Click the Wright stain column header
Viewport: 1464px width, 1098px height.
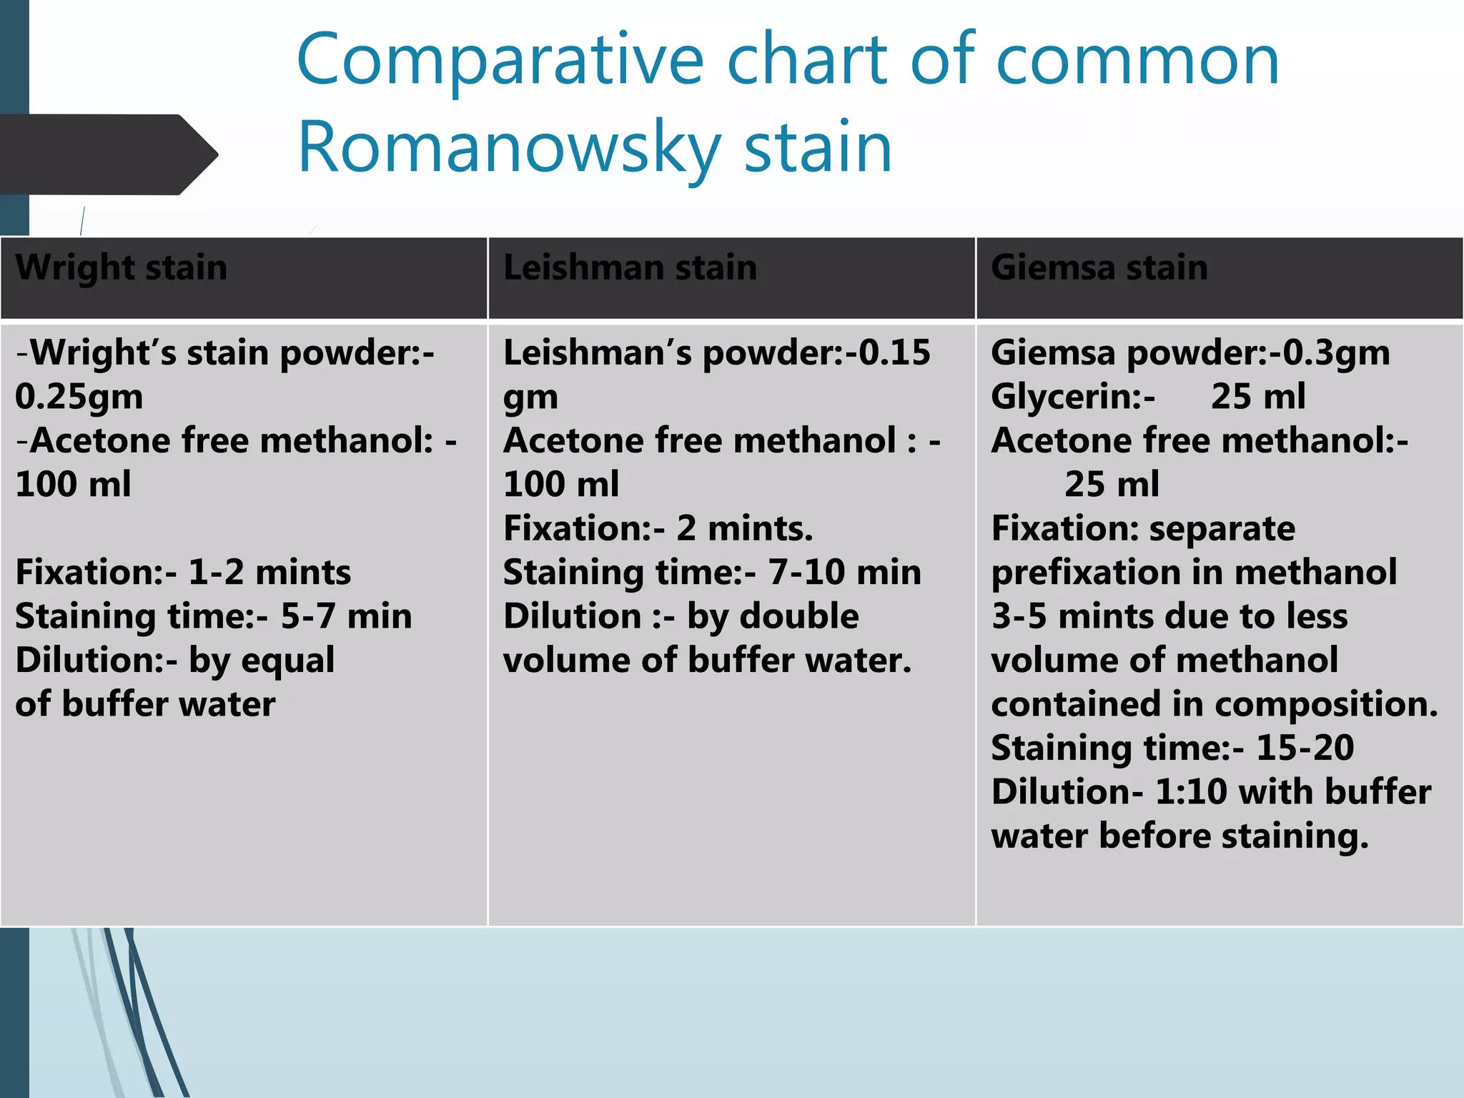122,268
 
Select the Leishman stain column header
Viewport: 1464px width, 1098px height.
630,268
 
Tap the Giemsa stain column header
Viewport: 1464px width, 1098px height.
1099,268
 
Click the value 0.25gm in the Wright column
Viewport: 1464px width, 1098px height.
79,397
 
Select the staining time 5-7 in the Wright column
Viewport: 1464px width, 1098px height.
307,616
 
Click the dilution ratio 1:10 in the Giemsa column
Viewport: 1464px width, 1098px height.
1191,792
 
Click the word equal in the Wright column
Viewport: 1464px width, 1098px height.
287,661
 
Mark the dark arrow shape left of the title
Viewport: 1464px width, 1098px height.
107,154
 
